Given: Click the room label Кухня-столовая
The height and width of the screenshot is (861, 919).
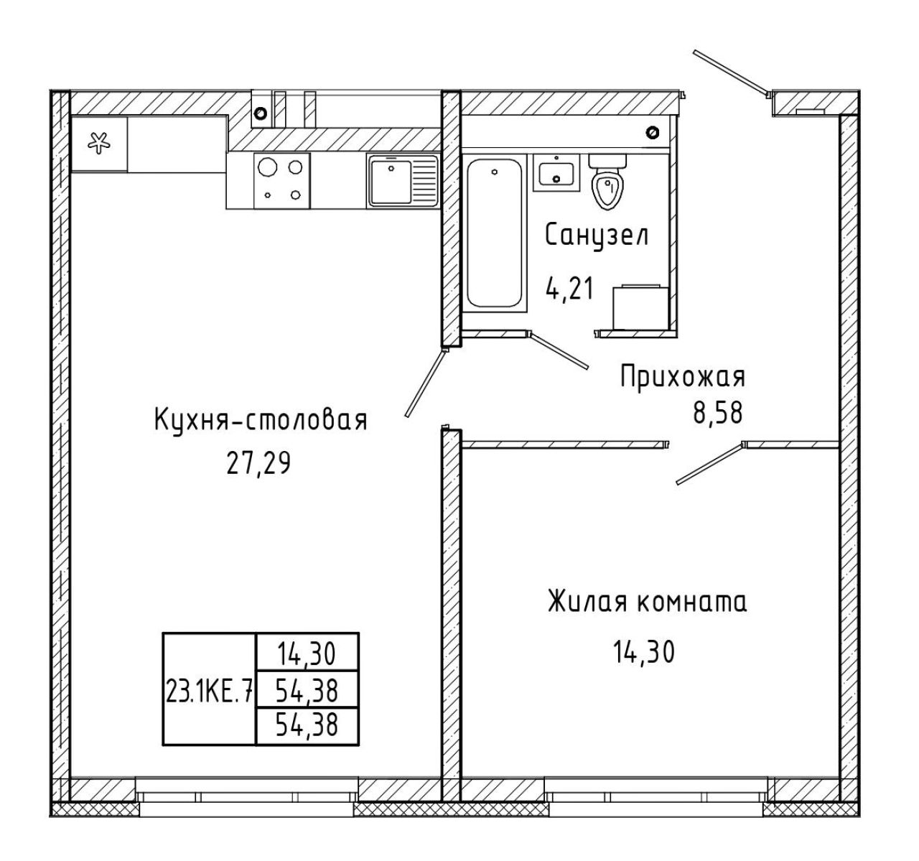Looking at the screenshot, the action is (x=261, y=421).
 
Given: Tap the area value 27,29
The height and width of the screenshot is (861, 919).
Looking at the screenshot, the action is (x=258, y=463).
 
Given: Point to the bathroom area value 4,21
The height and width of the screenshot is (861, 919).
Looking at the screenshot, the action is (x=569, y=289).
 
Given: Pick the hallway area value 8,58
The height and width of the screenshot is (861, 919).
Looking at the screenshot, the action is (x=718, y=412).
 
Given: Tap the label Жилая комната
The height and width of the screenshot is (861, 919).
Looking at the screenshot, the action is (x=648, y=602).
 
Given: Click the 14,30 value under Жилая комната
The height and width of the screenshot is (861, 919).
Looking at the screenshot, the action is (x=644, y=652).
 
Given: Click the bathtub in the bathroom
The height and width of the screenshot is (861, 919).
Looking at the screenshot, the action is (x=495, y=233).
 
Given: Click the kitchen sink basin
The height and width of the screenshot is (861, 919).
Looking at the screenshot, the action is (x=391, y=182).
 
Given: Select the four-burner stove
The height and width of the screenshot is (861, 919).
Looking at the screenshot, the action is (x=282, y=181).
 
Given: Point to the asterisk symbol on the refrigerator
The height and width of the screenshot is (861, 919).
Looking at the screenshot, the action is (x=99, y=143).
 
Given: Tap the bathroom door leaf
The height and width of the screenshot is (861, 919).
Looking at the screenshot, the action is (x=560, y=350).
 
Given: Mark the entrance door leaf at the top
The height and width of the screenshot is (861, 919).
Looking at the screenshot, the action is (x=731, y=73).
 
